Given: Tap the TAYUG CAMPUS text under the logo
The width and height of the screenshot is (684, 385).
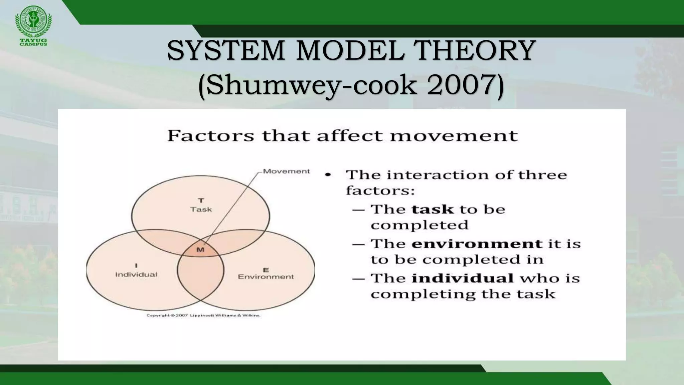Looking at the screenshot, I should click(x=33, y=42).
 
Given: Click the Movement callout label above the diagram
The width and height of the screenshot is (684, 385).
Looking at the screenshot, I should click(x=286, y=171).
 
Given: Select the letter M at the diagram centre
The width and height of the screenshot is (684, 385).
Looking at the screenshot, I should click(x=200, y=250).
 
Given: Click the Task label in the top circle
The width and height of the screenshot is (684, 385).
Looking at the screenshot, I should click(x=201, y=210).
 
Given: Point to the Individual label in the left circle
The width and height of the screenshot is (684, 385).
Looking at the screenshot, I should click(x=136, y=275).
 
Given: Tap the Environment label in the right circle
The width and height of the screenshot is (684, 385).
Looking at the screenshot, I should click(x=266, y=277).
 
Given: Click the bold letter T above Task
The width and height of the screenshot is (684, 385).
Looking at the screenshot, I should click(x=201, y=201).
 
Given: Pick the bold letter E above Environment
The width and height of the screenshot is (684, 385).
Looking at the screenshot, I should click(x=266, y=269).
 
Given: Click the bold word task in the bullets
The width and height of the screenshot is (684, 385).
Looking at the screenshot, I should click(x=433, y=210).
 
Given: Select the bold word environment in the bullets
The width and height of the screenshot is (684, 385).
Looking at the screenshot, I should click(x=477, y=244).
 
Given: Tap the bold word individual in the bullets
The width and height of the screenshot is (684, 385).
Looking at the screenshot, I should click(x=463, y=278).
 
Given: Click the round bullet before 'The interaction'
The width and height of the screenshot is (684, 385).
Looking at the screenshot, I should click(x=329, y=175).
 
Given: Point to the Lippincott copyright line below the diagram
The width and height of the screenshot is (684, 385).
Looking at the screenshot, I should click(x=203, y=315).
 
